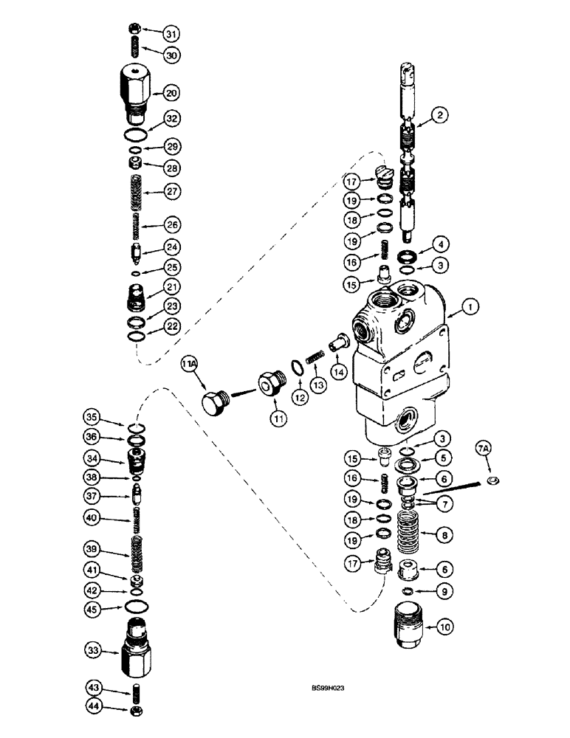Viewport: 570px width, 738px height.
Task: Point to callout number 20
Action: pos(171,93)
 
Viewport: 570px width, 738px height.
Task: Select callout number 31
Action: pos(171,34)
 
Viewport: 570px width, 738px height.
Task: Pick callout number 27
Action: pos(171,192)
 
